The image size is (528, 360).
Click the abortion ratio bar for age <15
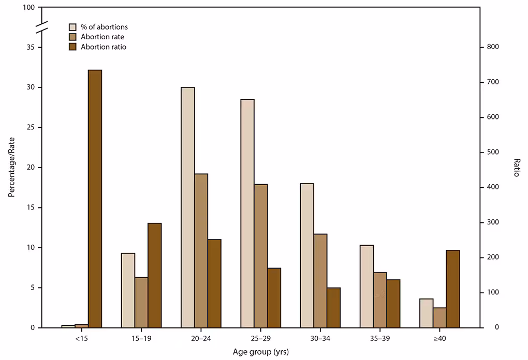click(x=95, y=199)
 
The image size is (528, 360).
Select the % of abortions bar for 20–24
click(x=188, y=207)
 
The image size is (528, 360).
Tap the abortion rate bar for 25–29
click(x=261, y=256)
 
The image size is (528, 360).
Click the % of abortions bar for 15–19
click(x=128, y=290)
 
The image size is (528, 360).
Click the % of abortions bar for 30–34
click(x=307, y=256)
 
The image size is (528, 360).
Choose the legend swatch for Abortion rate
click(x=72, y=37)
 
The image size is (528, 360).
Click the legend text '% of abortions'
click(x=104, y=27)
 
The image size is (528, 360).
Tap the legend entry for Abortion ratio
click(x=104, y=47)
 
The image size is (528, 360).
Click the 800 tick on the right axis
click(x=492, y=48)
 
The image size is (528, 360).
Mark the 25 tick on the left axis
click(x=32, y=128)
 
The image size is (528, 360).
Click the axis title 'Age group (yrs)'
click(x=261, y=352)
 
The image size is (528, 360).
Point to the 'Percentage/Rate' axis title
click(x=11, y=168)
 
